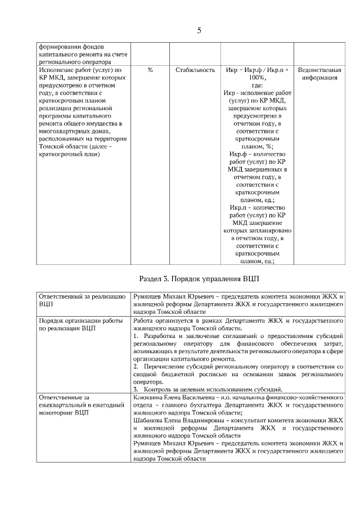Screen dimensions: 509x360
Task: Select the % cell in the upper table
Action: click(150, 70)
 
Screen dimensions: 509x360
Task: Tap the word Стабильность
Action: click(195, 70)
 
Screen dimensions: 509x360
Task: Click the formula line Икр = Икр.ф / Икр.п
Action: click(256, 70)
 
